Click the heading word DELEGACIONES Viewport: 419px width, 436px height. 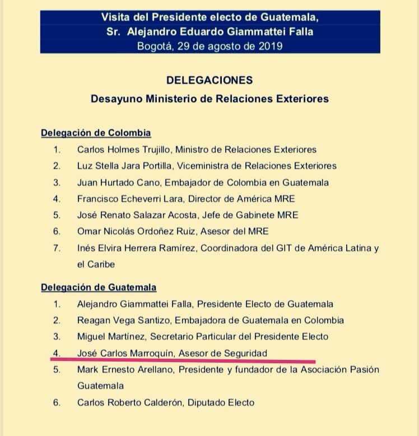pyautogui.click(x=209, y=80)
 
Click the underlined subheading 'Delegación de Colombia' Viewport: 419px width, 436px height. pyautogui.click(x=96, y=133)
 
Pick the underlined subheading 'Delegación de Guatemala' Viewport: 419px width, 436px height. pyautogui.click(x=99, y=288)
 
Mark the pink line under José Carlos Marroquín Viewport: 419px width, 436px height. pyautogui.click(x=185, y=361)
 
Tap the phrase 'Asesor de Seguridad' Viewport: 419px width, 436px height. pyautogui.click(x=227, y=353)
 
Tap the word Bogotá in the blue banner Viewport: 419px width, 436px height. pyautogui.click(x=154, y=46)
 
